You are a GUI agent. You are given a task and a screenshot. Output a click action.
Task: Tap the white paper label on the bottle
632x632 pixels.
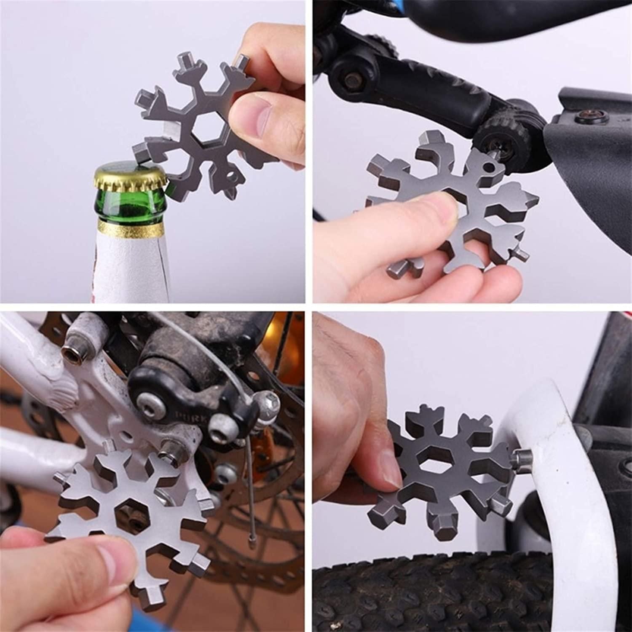click(x=126, y=270)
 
